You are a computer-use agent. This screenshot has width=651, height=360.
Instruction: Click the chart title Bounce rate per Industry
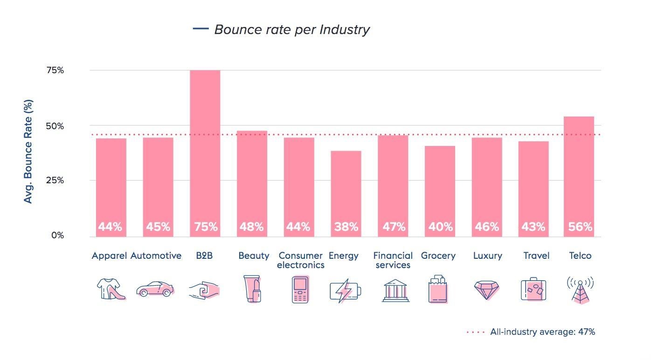pos(291,29)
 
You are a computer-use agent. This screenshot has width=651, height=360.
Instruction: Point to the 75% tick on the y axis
pos(55,70)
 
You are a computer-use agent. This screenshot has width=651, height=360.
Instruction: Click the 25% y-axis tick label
pos(55,180)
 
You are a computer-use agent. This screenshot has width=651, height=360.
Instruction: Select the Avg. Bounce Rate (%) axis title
pos(28,151)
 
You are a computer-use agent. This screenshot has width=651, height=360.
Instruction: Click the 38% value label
pos(346,227)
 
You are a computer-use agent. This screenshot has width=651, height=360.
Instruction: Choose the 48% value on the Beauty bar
pos(251,227)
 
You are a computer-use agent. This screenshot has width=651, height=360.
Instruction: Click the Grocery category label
pos(438,256)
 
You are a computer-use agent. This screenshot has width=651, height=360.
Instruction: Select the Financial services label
pos(393,260)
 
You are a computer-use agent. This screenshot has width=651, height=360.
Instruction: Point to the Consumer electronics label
pos(300,260)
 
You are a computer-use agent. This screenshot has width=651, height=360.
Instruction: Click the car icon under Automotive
pos(155,289)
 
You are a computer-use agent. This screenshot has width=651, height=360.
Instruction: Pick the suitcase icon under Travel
pos(533,290)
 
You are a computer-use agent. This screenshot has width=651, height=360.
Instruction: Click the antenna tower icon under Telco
pos(580,290)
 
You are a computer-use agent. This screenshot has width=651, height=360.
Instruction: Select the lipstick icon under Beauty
pos(252,289)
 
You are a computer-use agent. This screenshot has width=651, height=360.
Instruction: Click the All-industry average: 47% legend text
pos(542,332)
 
